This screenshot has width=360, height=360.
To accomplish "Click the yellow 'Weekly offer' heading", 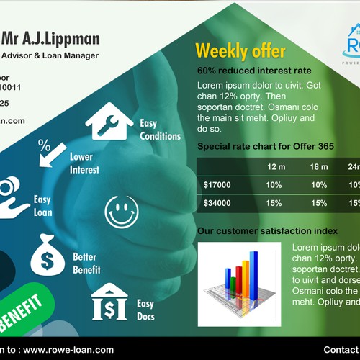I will (x=240, y=50).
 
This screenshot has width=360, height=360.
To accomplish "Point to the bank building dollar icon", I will (x=109, y=302).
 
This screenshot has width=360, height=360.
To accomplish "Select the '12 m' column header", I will (x=276, y=167).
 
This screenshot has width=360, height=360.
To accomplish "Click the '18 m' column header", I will (x=319, y=167).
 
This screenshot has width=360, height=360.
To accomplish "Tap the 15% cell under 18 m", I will (x=319, y=203).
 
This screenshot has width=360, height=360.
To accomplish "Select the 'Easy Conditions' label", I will (x=160, y=130).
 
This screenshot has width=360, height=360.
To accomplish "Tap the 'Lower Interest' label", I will (x=84, y=163).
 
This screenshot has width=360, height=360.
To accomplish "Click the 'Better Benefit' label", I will (x=86, y=264).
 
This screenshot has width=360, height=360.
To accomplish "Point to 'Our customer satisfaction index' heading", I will (x=267, y=231).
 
